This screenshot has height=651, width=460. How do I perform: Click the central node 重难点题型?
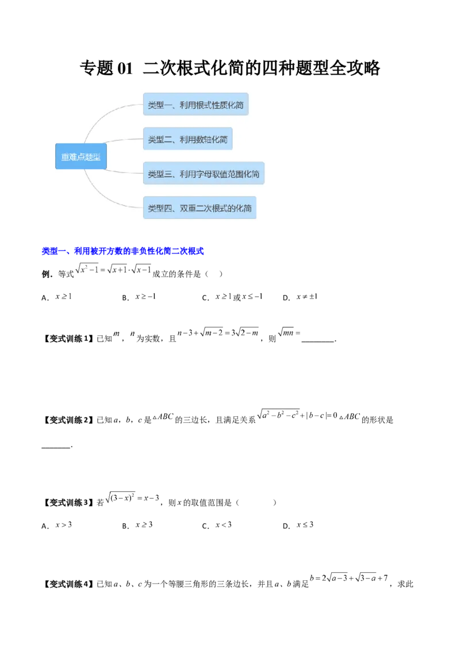pyautogui.click(x=81, y=157)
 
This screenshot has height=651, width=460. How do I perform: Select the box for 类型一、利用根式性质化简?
pyautogui.click(x=195, y=105)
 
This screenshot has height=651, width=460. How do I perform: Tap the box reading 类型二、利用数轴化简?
pyautogui.click(x=187, y=139)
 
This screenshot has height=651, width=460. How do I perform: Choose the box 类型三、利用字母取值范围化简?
pyautogui.click(x=204, y=174)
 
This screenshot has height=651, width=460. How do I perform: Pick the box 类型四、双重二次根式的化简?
pyautogui.click(x=200, y=208)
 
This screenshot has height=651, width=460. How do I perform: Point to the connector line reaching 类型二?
pyautogui.click(x=121, y=141)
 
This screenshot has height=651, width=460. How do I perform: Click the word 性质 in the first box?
pyautogui.click(x=221, y=105)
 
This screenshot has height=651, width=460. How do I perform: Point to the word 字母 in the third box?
pyautogui.click(x=205, y=174)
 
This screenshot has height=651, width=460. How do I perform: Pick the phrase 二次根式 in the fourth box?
pyautogui.click(x=213, y=209)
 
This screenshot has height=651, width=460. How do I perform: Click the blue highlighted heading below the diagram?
pyautogui.click(x=123, y=251)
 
